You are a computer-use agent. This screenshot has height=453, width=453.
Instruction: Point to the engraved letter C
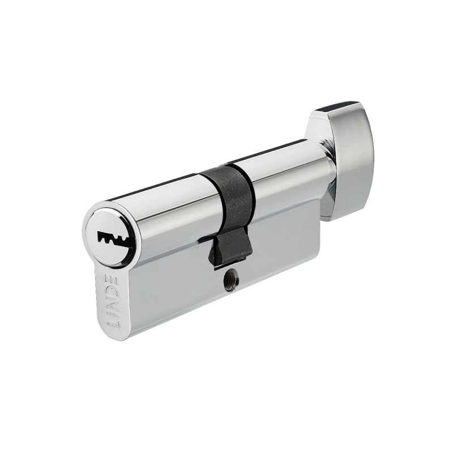click(110, 292)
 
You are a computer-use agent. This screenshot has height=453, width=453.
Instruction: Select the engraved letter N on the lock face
click(111, 305)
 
